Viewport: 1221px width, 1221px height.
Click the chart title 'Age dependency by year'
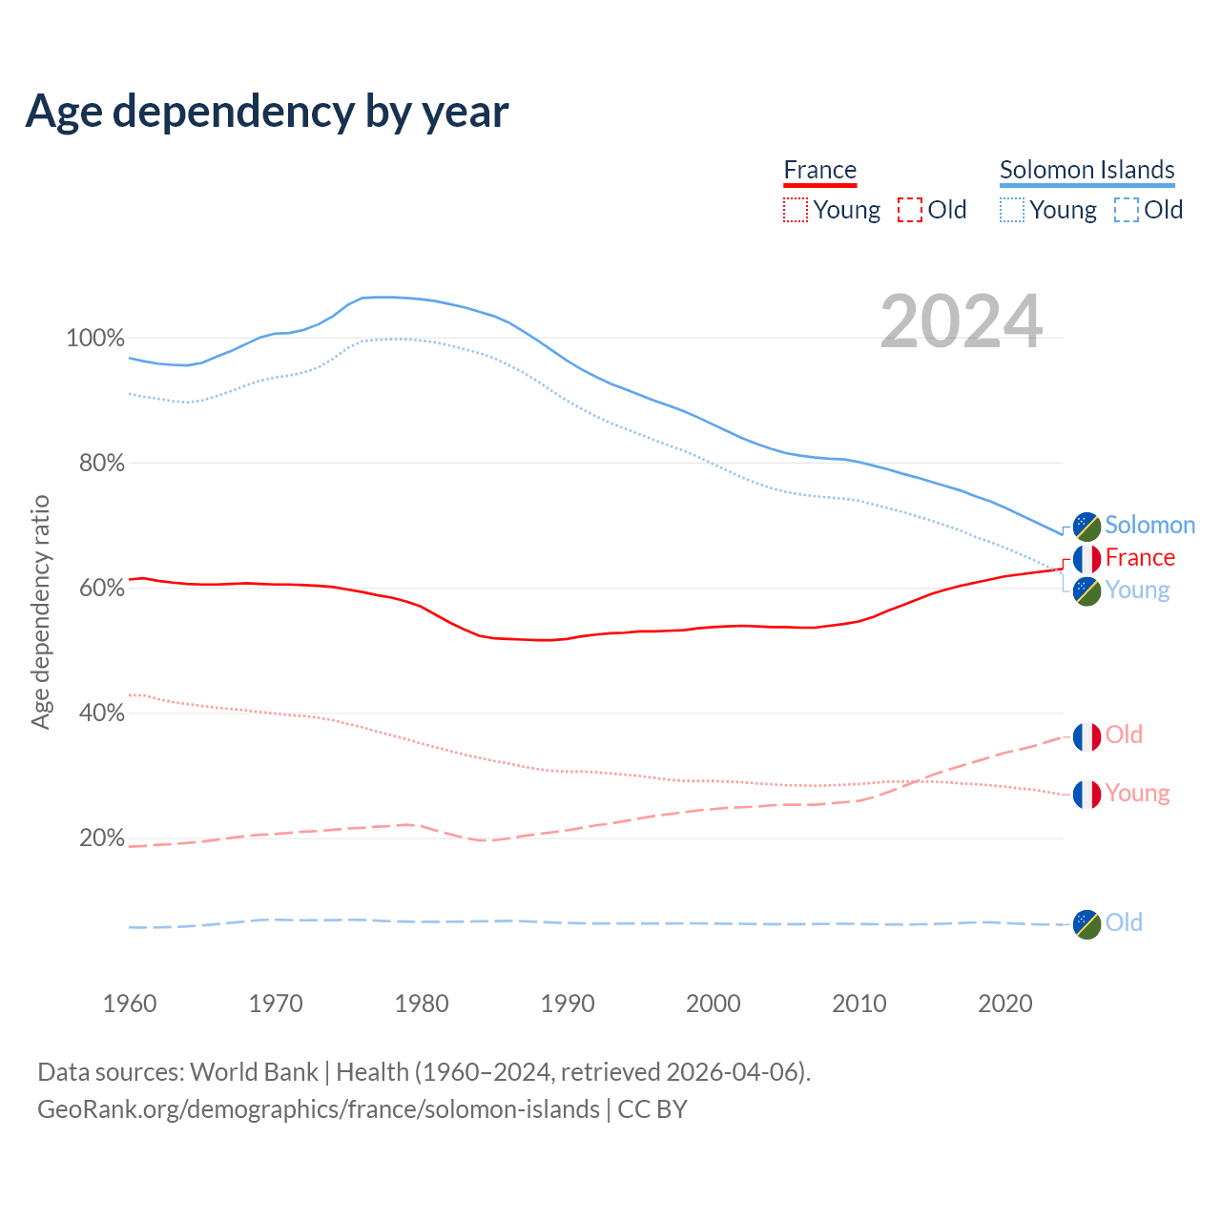(267, 111)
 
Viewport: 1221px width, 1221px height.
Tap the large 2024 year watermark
(961, 321)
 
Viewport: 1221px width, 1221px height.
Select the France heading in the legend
(819, 170)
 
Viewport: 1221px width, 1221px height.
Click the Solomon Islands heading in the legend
(1086, 170)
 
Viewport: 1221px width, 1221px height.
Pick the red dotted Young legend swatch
(795, 210)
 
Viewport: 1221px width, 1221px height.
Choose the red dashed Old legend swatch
(909, 210)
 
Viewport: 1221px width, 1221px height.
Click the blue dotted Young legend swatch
(1011, 210)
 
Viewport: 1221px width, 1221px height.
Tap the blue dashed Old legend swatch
(1126, 210)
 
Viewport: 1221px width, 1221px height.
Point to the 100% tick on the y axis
(95, 339)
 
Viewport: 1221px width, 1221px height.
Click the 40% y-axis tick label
(102, 713)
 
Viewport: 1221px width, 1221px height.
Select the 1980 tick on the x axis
(422, 1004)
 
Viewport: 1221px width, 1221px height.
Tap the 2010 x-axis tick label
(859, 1004)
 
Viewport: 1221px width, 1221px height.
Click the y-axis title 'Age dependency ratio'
(40, 611)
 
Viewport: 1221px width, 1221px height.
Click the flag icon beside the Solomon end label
(1086, 526)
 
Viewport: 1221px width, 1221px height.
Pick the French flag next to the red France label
(1086, 558)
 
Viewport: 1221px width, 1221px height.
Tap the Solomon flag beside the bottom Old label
(1086, 923)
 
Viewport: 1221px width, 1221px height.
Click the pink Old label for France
(1124, 735)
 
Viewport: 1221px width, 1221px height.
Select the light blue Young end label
(1137, 590)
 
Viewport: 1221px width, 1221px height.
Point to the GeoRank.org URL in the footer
(319, 1109)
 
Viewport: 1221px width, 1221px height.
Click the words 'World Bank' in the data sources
(254, 1072)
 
